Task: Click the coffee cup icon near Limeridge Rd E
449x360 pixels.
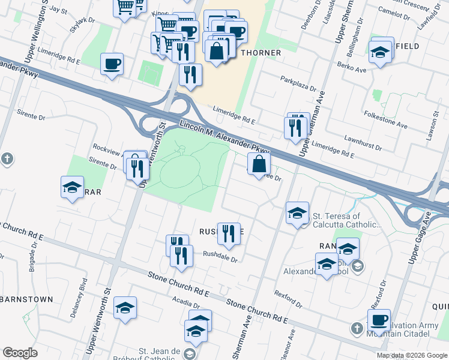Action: pos(112,64)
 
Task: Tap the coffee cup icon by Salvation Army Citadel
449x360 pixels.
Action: pos(379,320)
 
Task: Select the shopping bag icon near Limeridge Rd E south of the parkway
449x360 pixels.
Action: pos(258,164)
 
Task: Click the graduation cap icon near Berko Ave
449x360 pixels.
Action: pos(380,52)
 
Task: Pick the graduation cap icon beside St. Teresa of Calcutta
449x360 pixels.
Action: pos(297,214)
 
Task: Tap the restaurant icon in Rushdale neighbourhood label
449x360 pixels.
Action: pos(228,233)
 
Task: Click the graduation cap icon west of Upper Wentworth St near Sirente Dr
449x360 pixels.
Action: pos(72,188)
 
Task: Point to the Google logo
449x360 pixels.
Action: pos(20,353)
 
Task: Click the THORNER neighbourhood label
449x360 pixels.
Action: pos(261,53)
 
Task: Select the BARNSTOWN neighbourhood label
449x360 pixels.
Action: pos(26,299)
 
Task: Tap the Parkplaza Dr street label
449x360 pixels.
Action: pos(298,84)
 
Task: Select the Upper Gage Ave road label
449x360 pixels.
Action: pos(421,239)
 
